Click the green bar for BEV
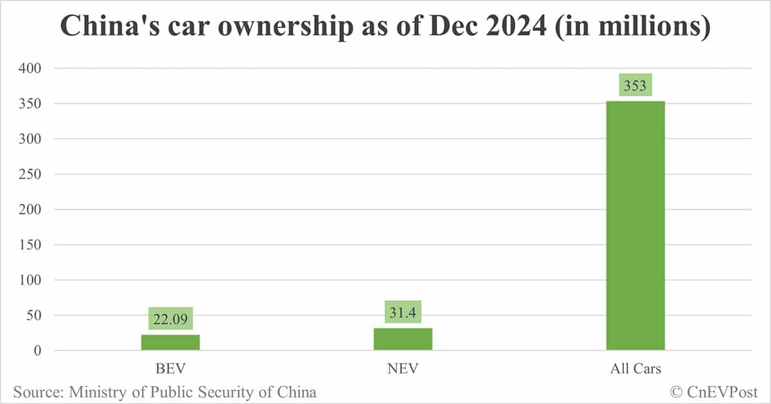click(170, 342)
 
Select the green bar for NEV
click(403, 339)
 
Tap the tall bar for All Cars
click(635, 225)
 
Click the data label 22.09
click(170, 318)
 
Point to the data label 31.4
click(403, 312)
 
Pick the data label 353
click(635, 85)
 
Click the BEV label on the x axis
click(170, 369)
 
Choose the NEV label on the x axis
click(403, 369)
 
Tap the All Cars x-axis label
click(635, 369)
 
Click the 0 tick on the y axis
click(39, 351)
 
